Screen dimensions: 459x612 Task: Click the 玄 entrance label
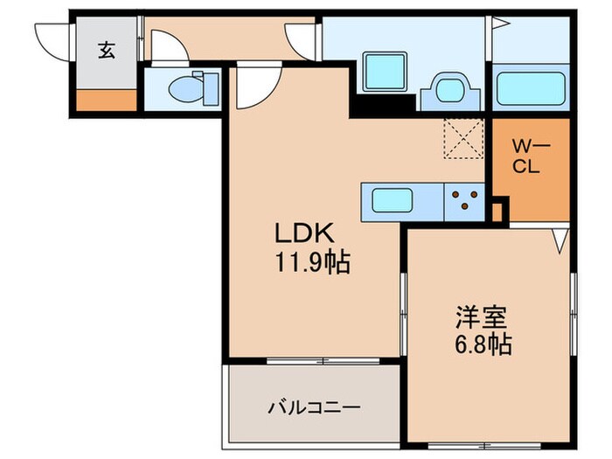coord(106,52)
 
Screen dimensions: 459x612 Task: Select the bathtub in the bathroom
coord(531,88)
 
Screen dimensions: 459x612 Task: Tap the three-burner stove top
coord(465,200)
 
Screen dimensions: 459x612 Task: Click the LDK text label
coord(302,233)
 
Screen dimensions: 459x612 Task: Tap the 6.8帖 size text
coord(476,344)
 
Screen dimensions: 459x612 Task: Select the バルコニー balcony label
coord(314,407)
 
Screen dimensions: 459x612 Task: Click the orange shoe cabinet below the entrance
coord(106,100)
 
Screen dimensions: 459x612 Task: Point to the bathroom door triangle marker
coord(501,24)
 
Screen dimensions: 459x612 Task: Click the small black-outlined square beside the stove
coord(498,210)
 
